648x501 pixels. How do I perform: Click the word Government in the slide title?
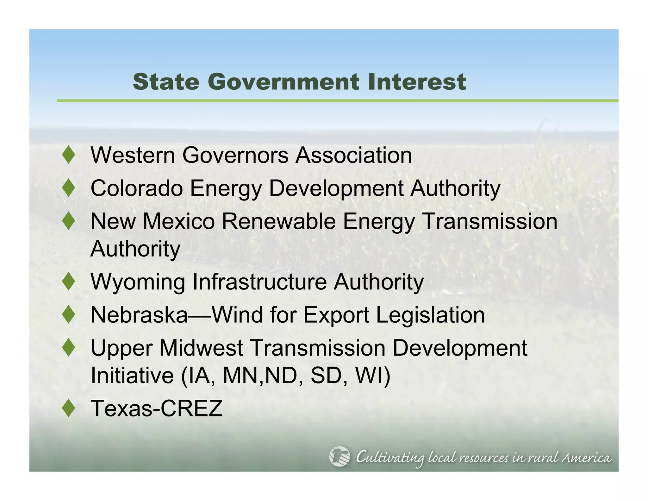click(x=283, y=82)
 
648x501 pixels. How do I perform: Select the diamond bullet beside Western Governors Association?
click(x=69, y=155)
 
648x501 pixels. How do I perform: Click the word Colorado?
click(x=137, y=188)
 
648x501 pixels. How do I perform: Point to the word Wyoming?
click(x=138, y=282)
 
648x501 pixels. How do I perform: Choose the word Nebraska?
click(x=139, y=315)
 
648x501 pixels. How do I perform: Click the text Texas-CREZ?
click(x=157, y=408)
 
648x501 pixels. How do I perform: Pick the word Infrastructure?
click(x=259, y=282)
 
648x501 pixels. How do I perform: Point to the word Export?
click(x=336, y=315)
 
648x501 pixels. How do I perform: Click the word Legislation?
click(x=430, y=315)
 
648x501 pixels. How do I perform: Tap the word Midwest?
click(x=201, y=348)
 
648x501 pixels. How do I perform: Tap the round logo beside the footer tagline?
click(x=340, y=456)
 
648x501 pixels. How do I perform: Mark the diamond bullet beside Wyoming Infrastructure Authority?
click(x=69, y=282)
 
